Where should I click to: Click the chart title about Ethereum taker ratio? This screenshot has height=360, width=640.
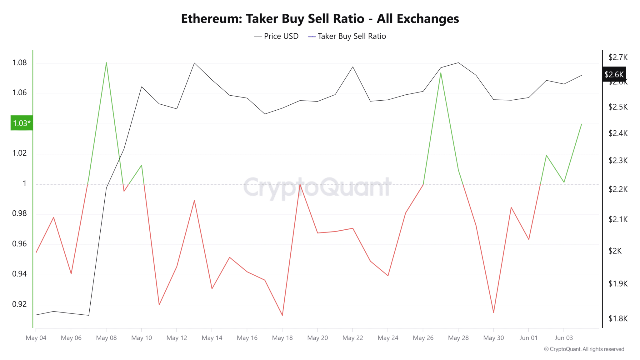[320, 19]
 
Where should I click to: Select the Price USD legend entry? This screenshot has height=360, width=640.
[276, 36]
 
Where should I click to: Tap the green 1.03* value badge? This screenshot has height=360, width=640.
[22, 123]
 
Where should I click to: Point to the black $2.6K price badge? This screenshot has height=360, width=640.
[614, 74]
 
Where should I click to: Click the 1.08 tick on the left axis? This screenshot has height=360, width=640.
[19, 63]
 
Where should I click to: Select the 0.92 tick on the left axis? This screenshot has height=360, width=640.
[19, 304]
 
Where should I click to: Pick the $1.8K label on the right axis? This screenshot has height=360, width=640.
[618, 318]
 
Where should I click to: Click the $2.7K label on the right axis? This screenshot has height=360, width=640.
[618, 57]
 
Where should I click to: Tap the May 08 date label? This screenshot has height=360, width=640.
[106, 338]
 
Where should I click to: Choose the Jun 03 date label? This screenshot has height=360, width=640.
[563, 338]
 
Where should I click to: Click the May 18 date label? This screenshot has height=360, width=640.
[282, 338]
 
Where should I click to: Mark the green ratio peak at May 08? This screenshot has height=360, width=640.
[106, 62]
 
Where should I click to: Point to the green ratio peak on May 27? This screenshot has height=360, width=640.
[441, 73]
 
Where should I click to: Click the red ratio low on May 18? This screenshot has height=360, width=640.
[282, 315]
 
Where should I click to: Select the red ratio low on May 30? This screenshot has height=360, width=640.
[493, 312]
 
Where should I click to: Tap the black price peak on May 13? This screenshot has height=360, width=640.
[194, 63]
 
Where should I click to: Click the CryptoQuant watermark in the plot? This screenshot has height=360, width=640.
[317, 187]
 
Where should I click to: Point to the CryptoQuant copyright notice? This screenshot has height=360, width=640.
[584, 349]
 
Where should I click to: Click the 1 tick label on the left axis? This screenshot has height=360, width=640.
[24, 183]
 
